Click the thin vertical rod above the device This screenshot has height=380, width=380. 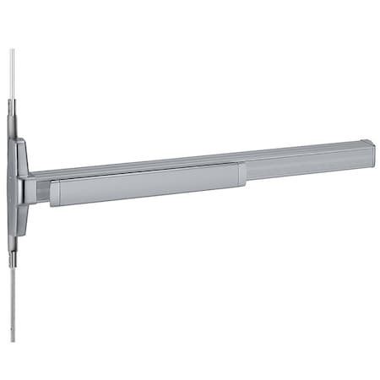click(x=12, y=76)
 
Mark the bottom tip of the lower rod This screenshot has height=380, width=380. click(x=13, y=341)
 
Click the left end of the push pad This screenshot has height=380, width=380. click(x=53, y=195)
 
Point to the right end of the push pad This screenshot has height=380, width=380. click(x=242, y=174)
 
